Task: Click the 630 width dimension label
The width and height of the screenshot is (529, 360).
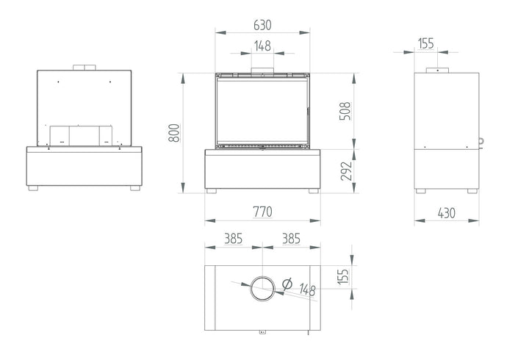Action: pyautogui.click(x=262, y=25)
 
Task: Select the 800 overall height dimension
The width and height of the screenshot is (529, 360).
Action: pyautogui.click(x=174, y=133)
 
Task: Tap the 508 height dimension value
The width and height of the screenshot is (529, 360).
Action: pyautogui.click(x=345, y=111)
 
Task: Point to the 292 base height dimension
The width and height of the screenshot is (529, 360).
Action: pyautogui.click(x=346, y=171)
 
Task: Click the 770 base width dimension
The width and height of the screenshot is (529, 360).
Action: pyautogui.click(x=262, y=212)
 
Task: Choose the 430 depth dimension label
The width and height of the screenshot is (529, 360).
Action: pyautogui.click(x=447, y=213)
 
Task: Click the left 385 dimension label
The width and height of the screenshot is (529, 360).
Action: pyautogui.click(x=234, y=239)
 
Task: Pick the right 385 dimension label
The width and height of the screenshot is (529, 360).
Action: pyautogui.click(x=291, y=239)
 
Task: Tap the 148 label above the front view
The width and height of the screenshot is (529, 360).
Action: pyautogui.click(x=262, y=46)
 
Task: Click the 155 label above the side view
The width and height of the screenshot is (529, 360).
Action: pyautogui.click(x=425, y=43)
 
